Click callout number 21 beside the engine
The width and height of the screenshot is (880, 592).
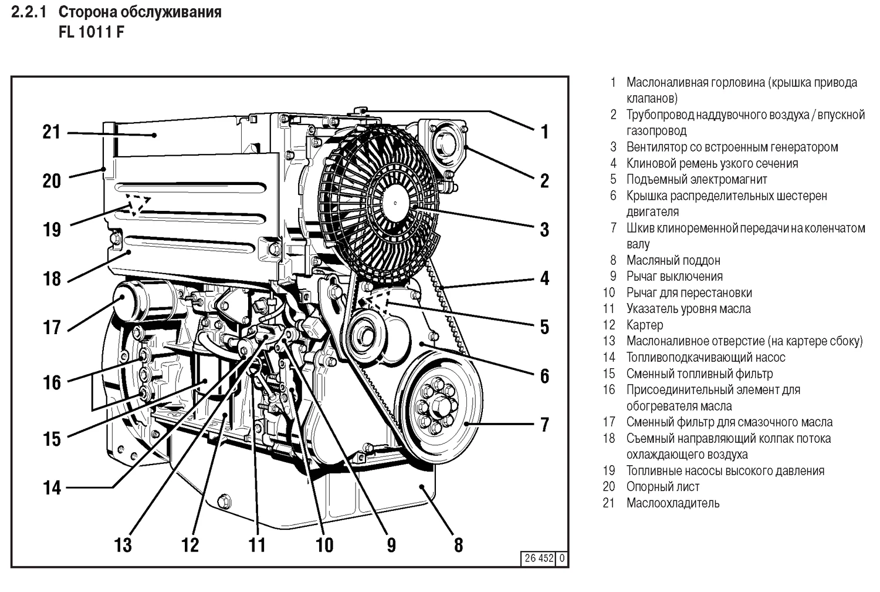click(x=52, y=132)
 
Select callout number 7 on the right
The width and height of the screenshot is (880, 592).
click(x=544, y=424)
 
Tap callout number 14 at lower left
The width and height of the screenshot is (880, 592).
click(x=52, y=487)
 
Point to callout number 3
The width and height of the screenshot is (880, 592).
click(x=544, y=230)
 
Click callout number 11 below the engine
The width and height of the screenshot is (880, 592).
click(x=257, y=545)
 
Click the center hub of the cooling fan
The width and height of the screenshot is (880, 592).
click(x=396, y=203)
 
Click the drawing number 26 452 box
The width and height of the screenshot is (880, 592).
click(x=538, y=559)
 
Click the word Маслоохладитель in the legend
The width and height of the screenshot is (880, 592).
click(x=672, y=503)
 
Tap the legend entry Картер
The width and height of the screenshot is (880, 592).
click(x=644, y=325)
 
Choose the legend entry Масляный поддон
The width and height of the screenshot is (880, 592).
click(x=673, y=261)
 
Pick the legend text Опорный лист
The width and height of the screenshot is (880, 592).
click(x=662, y=487)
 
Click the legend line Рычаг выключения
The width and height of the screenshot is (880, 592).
click(x=674, y=277)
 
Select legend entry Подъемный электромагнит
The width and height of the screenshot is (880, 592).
click(x=696, y=180)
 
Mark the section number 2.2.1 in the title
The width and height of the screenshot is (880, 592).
click(x=29, y=12)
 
